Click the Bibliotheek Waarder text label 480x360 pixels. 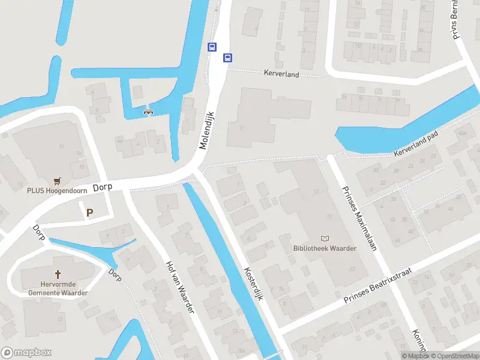click(325, 248)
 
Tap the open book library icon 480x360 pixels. click(325, 238)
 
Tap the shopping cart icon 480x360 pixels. click(58, 180)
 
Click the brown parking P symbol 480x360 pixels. click(90, 212)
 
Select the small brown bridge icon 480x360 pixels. click(147, 110)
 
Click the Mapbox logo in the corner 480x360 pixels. click(26, 353)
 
